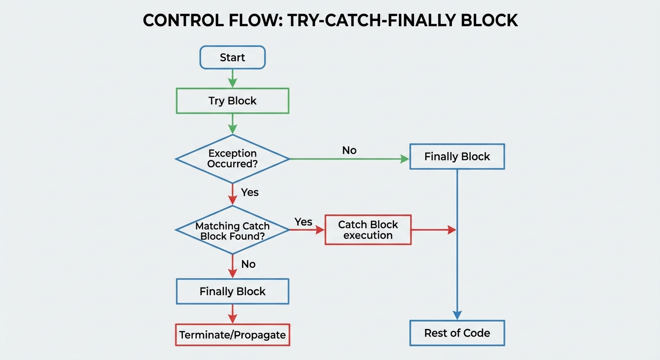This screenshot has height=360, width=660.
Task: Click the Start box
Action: [232, 58]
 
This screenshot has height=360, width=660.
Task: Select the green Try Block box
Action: [232, 101]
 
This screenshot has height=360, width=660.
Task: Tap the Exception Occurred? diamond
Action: [232, 159]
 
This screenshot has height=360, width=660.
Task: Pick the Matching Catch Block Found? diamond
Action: [232, 230]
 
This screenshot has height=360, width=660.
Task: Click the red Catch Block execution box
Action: [368, 230]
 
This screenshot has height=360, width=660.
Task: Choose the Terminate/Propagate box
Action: [232, 335]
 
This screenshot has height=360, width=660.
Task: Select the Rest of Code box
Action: [457, 333]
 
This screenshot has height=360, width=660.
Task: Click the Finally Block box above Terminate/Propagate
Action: [232, 292]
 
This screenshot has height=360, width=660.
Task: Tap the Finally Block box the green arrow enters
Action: [457, 157]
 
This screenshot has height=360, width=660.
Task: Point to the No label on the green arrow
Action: [349, 150]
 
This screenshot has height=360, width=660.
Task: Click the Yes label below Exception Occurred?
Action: [250, 192]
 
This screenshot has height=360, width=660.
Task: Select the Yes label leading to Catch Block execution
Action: [303, 222]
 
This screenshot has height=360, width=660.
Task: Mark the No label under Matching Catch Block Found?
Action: [248, 264]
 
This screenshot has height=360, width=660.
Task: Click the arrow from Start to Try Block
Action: [232, 78]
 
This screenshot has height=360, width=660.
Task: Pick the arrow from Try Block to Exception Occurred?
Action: [232, 124]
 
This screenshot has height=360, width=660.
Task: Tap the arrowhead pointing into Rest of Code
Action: [457, 315]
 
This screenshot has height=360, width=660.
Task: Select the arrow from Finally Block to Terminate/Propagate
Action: [232, 314]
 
